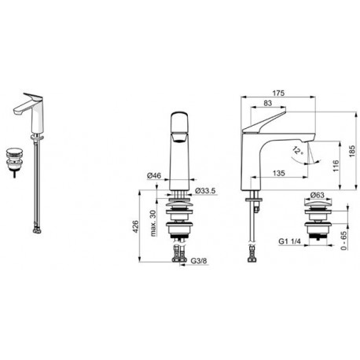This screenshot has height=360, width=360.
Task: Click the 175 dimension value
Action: (x=278, y=93)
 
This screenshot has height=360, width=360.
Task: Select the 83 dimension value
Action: (x=268, y=103)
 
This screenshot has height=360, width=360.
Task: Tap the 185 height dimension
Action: (x=352, y=151)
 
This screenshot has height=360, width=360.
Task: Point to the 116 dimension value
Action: (x=336, y=166)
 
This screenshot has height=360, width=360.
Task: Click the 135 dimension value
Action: (x=279, y=173)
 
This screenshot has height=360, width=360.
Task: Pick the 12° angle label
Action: (x=298, y=151)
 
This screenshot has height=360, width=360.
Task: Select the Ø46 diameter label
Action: (x=154, y=175)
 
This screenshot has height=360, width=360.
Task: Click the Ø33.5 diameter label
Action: (x=205, y=190)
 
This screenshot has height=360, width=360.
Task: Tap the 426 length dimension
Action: (x=135, y=227)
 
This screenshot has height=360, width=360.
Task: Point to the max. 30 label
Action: (x=153, y=223)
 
